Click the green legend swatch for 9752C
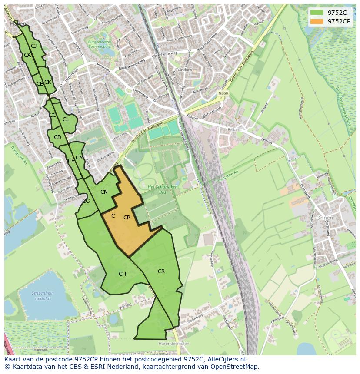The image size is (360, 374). coord(317,13)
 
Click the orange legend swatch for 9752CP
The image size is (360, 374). coord(317,21)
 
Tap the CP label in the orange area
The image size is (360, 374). coord(127,218)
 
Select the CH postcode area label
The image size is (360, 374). coord(122,274)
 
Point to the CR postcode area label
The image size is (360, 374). coord(161,271)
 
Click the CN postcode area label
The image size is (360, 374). coord(104,192)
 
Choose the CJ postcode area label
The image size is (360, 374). coord(33,46)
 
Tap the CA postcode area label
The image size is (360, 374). coord(27,55)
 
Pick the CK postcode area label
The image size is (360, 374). coord(48,82)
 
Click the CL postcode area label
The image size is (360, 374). coord(66,119)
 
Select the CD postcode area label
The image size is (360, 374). coord(57,137)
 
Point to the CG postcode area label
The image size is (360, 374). coord(86,201)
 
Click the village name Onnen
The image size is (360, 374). coord(324,218)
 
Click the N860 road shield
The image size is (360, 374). coord(223,93)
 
